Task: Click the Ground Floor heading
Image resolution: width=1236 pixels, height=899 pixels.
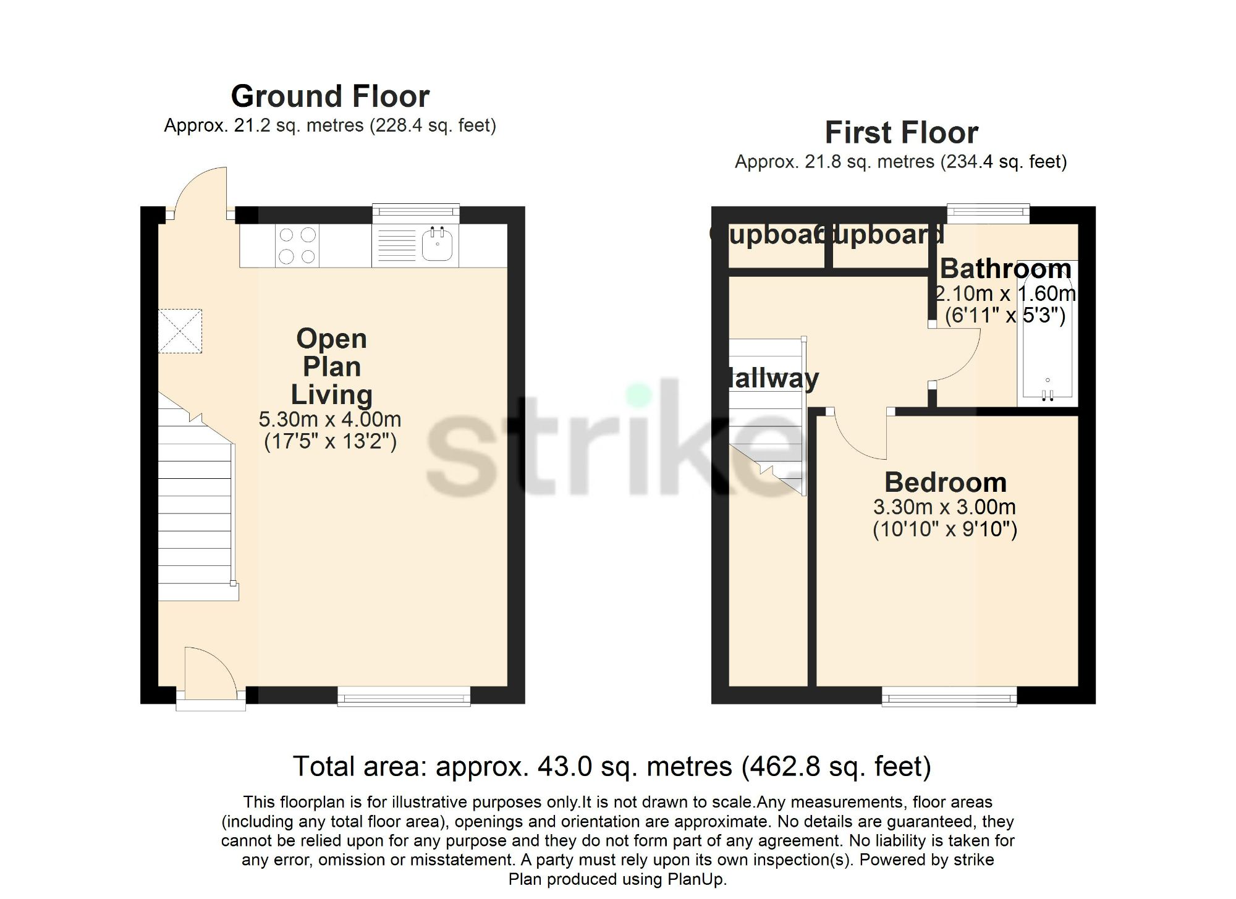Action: [330, 97]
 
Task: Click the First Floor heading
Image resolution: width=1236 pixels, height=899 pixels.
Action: [901, 133]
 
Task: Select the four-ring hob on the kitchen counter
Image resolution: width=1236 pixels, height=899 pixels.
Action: [297, 245]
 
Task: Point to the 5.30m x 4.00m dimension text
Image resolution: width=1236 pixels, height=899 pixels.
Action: [330, 420]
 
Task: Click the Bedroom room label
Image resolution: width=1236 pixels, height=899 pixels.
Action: [945, 482]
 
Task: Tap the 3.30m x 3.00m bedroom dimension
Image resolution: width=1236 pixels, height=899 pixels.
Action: [944, 507]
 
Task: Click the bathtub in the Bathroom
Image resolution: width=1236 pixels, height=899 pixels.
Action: [1047, 334]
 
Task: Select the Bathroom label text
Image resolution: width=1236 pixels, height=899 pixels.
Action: [1005, 269]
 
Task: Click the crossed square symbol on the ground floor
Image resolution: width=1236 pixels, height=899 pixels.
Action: [180, 331]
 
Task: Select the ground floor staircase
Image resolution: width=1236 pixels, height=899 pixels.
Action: [195, 507]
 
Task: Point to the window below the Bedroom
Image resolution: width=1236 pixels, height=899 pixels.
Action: [949, 696]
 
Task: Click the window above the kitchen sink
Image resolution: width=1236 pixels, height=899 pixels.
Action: [416, 213]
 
